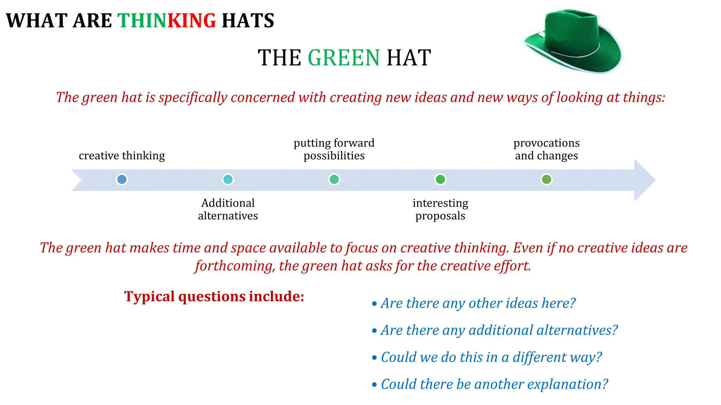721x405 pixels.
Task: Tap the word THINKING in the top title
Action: pyautogui.click(x=167, y=20)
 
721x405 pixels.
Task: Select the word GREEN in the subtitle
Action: pyautogui.click(x=344, y=58)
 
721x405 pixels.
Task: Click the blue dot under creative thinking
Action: pyautogui.click(x=122, y=179)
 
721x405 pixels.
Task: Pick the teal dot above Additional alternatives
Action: pyautogui.click(x=228, y=179)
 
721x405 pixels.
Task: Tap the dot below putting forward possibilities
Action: pyautogui.click(x=334, y=179)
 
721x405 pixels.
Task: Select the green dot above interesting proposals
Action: pyautogui.click(x=440, y=179)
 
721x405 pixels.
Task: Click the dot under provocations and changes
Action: pyautogui.click(x=546, y=179)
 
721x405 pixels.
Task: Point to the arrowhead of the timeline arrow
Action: pyautogui.click(x=644, y=180)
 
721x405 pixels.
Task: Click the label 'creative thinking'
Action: pyautogui.click(x=122, y=155)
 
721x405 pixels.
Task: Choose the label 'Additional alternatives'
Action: pyautogui.click(x=228, y=209)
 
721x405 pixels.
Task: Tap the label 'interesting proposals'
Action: pyautogui.click(x=440, y=209)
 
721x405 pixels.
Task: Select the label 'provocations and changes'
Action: pyautogui.click(x=546, y=149)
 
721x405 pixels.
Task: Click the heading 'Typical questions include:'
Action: pyautogui.click(x=214, y=296)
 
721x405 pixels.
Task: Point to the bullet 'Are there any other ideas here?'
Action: pyautogui.click(x=478, y=303)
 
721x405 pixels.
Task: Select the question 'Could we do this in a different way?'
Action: pyautogui.click(x=491, y=357)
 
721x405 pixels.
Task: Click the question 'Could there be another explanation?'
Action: pyautogui.click(x=494, y=384)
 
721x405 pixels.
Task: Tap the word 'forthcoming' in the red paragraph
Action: pyautogui.click(x=234, y=266)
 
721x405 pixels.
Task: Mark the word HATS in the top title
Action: pyautogui.click(x=248, y=20)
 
